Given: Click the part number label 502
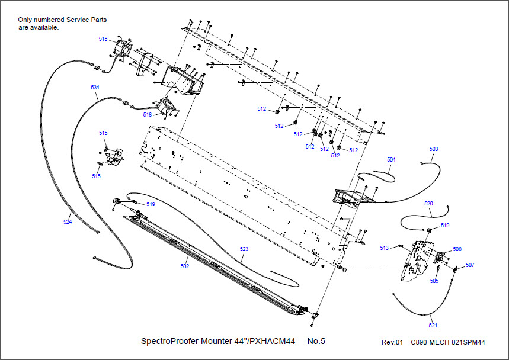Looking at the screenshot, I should (185, 266).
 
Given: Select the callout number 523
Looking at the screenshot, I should (244, 249).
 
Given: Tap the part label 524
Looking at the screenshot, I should (67, 221).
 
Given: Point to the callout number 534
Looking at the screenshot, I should (95, 87).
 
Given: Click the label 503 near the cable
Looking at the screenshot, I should (434, 149).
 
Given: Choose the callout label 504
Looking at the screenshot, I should (391, 160).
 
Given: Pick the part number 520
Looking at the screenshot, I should (428, 203).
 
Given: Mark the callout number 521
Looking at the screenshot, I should (434, 326).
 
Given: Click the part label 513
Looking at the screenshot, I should (384, 247).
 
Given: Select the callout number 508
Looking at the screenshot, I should (457, 249).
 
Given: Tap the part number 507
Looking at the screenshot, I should (470, 265).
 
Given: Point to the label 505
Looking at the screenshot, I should (434, 281).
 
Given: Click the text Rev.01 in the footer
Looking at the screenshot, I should (392, 342).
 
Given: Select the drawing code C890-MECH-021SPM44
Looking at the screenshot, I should (448, 342).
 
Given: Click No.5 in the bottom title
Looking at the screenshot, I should (316, 341).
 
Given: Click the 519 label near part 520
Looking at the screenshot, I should (445, 226).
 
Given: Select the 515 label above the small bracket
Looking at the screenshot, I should (103, 133).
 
